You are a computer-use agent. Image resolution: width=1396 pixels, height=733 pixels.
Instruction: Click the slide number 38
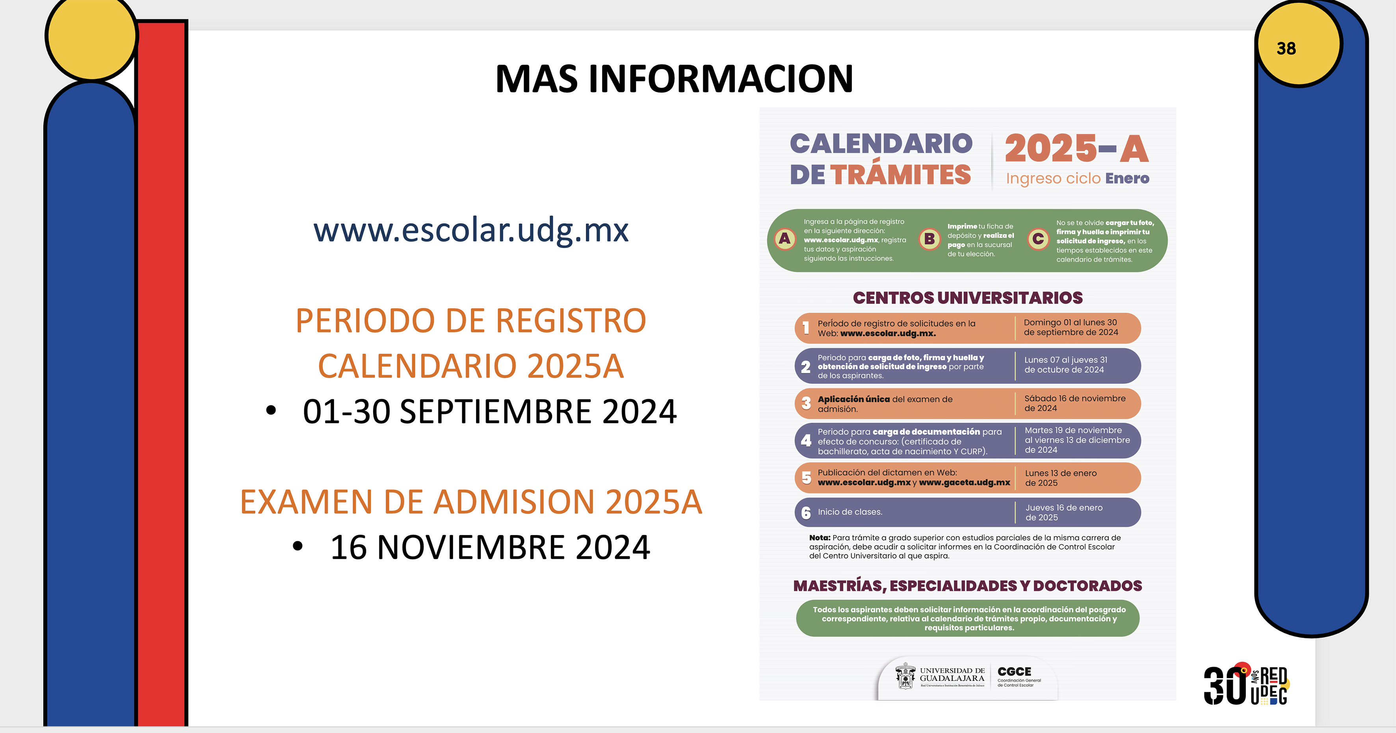click(x=1286, y=48)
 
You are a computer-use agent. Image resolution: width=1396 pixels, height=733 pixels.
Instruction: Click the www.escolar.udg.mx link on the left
click(x=471, y=230)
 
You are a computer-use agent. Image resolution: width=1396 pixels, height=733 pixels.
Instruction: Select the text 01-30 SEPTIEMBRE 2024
click(x=489, y=412)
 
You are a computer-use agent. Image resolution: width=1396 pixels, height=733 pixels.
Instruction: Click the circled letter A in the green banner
click(x=785, y=239)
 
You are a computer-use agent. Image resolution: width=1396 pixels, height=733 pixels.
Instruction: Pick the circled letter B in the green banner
click(x=929, y=239)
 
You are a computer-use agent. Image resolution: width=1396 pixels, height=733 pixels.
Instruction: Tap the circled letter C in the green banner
click(x=1038, y=239)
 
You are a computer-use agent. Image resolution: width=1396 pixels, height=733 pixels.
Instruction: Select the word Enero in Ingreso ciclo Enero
click(x=1127, y=178)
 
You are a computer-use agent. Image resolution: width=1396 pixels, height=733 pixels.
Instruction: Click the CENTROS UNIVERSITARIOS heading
click(x=968, y=298)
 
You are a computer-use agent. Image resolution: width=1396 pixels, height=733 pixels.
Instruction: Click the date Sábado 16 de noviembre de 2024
click(x=1074, y=403)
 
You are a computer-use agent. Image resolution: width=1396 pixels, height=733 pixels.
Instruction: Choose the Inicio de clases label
click(x=850, y=512)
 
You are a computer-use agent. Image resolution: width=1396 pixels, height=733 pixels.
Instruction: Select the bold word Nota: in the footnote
click(x=820, y=538)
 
